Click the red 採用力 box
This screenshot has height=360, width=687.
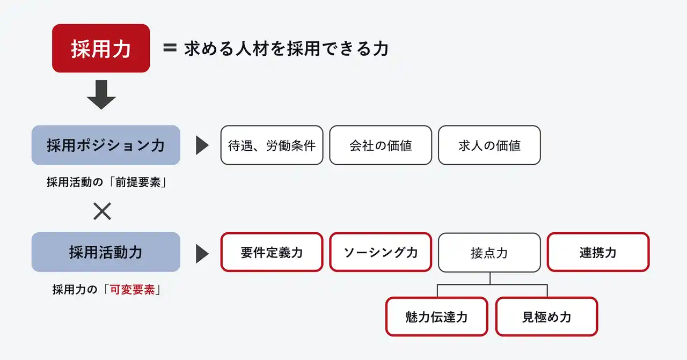pos(101,48)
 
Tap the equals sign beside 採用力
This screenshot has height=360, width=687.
pos(170,48)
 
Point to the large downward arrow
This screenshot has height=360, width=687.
pos(101,95)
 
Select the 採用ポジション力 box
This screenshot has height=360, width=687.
pos(106,145)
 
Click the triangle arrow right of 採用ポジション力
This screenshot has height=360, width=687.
pos(202,145)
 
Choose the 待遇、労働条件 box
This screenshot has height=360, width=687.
pos(272,145)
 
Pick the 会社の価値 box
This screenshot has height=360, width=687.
pos(381,145)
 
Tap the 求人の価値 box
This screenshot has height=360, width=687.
pos(489,145)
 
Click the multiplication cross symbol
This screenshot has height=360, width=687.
pos(102,211)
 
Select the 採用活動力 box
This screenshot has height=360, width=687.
pos(106,252)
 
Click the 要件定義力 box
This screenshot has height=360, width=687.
pos(272,252)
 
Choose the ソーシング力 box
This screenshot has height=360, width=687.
pos(381,252)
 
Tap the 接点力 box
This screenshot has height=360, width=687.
pos(489,252)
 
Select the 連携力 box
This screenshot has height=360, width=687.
pos(598,252)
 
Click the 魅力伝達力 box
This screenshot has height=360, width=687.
pos(436,317)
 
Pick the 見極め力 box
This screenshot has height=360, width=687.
pos(546,317)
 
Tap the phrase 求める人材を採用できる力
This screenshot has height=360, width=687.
pos(286,49)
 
